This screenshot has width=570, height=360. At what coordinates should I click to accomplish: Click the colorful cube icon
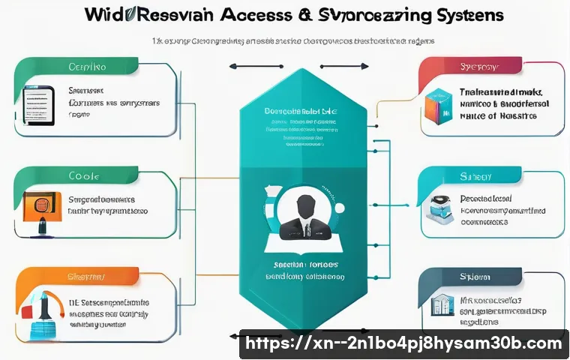pyautogui.click(x=438, y=105)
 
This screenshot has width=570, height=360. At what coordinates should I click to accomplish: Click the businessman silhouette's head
pyautogui.click(x=304, y=205)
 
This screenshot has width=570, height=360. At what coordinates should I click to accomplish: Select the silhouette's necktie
pyautogui.click(x=304, y=229)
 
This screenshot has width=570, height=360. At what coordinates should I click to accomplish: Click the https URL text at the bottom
pyautogui.click(x=404, y=344)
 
